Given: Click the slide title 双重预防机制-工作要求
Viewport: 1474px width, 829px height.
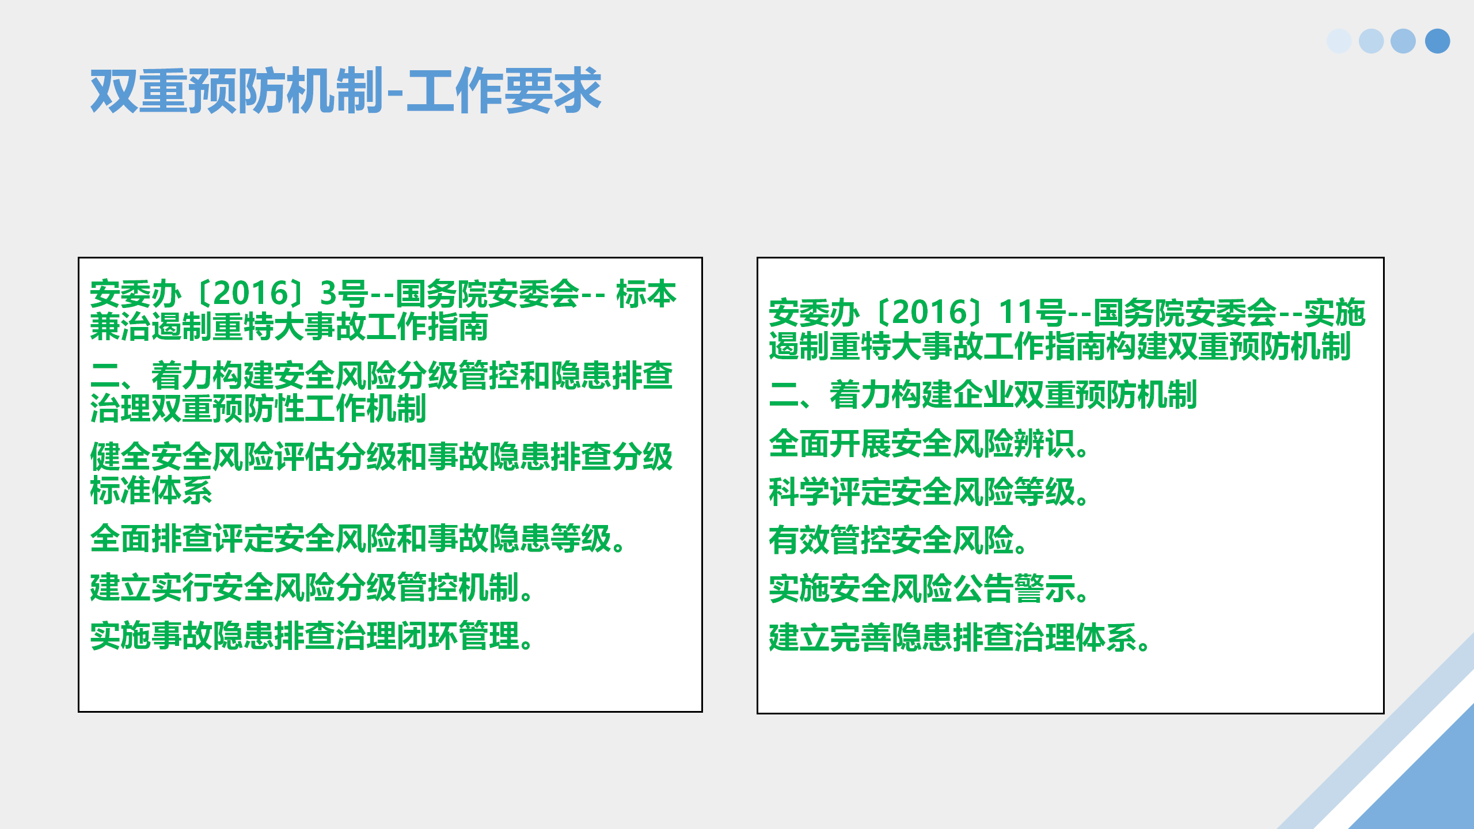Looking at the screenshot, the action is point(345,90).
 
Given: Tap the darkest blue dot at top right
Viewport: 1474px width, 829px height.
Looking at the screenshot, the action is point(1437,41).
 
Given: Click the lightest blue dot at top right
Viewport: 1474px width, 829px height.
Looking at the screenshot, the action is point(1339,41).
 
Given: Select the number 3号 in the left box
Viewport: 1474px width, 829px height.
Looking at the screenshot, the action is point(344,294).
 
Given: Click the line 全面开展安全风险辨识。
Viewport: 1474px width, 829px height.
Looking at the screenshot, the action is point(929,444).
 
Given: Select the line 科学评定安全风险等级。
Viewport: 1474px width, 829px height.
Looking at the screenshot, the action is point(929,492).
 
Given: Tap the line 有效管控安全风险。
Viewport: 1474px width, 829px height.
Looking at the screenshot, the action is point(899,541).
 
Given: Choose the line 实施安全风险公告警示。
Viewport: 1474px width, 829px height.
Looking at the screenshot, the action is point(929,589).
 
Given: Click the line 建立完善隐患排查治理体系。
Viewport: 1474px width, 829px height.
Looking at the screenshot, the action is point(960,638).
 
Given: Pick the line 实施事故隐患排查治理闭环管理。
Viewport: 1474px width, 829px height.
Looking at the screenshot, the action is point(312,636).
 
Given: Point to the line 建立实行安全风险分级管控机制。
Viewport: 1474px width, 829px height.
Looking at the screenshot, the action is point(312,587).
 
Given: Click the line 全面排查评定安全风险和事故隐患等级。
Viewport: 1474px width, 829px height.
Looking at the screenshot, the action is point(358,539).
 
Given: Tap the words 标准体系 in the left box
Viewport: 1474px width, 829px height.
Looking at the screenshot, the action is point(151,490).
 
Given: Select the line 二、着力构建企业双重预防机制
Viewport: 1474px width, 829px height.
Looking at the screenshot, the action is point(983,395).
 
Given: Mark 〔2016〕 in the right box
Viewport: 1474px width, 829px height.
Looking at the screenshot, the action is point(930,313).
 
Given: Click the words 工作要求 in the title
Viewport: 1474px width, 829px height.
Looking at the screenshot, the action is point(504,90).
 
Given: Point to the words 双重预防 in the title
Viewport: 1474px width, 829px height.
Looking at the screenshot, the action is point(188,90).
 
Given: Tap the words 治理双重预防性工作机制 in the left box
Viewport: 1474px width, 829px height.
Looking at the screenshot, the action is point(259,409).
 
